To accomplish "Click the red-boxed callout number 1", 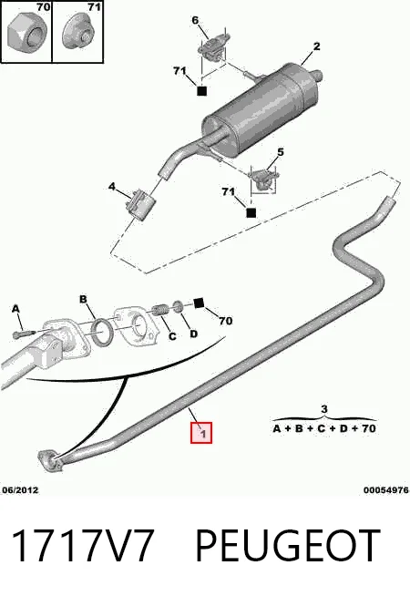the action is coord(201,433).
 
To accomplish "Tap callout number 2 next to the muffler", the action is coord(316,46).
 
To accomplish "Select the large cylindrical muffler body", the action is coord(260,112).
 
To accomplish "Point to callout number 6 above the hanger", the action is coord(195,20).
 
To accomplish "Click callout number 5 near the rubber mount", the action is coord(280,152).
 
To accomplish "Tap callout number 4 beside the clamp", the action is coord(112,187).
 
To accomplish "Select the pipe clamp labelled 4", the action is coord(140,205).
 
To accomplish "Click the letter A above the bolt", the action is coord(15,309).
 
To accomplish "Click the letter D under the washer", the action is coord(193,334).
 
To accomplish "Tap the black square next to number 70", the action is coord(199,303).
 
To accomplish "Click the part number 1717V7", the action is coord(83,546).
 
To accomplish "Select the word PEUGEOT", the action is coord(288,546).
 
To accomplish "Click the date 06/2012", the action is coord(20,490).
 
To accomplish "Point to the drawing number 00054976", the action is coord(386,490).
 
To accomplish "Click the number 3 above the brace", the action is coord(323,409).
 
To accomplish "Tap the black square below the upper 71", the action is coord(201,91).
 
